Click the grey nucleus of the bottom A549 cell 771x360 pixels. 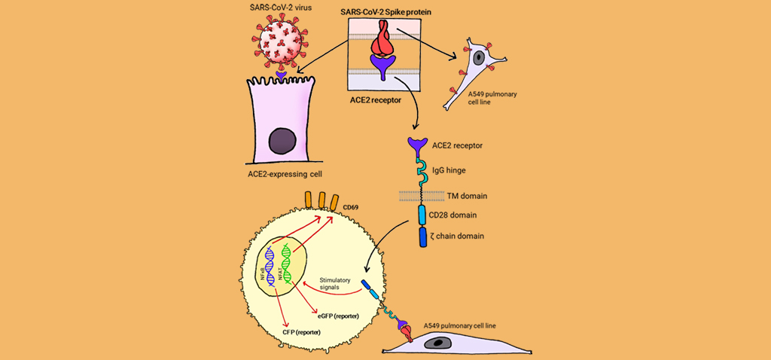438,343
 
